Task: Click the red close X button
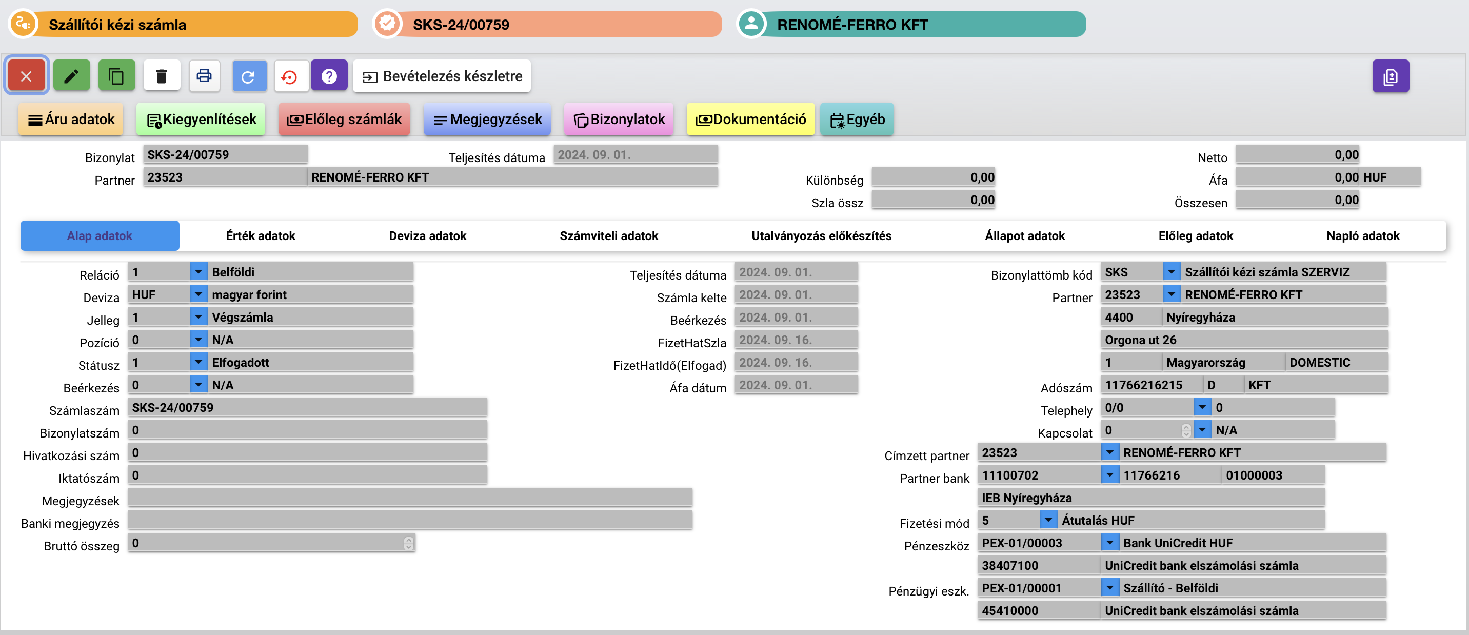pyautogui.click(x=26, y=76)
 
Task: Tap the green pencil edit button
pyautogui.click(x=71, y=76)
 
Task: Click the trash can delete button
pyautogui.click(x=162, y=76)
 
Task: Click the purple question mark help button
pyautogui.click(x=329, y=76)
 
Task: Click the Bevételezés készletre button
pyautogui.click(x=442, y=76)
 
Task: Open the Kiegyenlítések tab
pyautogui.click(x=201, y=119)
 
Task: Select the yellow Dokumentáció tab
pyautogui.click(x=750, y=119)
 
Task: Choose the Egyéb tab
pyautogui.click(x=857, y=119)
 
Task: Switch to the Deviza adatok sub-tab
pyautogui.click(x=427, y=235)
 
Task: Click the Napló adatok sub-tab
pyautogui.click(x=1363, y=235)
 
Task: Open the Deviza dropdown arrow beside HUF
pyautogui.click(x=198, y=294)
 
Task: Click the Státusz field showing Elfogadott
pyautogui.click(x=310, y=362)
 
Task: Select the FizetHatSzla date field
pyautogui.click(x=796, y=340)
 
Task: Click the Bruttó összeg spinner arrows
pyautogui.click(x=408, y=543)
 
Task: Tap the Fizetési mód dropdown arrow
pyautogui.click(x=1048, y=520)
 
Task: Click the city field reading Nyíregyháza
pyautogui.click(x=1275, y=317)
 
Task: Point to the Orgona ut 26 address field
pyautogui.click(x=1244, y=340)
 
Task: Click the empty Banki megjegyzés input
pyautogui.click(x=410, y=520)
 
